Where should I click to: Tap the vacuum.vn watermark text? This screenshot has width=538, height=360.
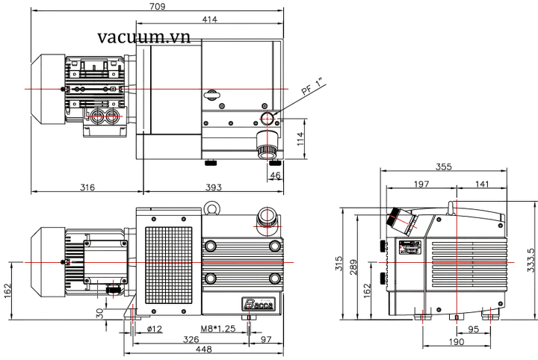point(143,37)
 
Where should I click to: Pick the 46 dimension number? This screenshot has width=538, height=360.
point(275,176)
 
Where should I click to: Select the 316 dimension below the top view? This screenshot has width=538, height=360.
point(87,187)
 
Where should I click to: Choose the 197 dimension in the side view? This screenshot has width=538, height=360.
point(422,184)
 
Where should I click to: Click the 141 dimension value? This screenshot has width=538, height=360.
point(483,184)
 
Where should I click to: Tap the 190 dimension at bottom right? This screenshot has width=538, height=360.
point(457,341)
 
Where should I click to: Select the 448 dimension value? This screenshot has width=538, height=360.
point(202,350)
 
